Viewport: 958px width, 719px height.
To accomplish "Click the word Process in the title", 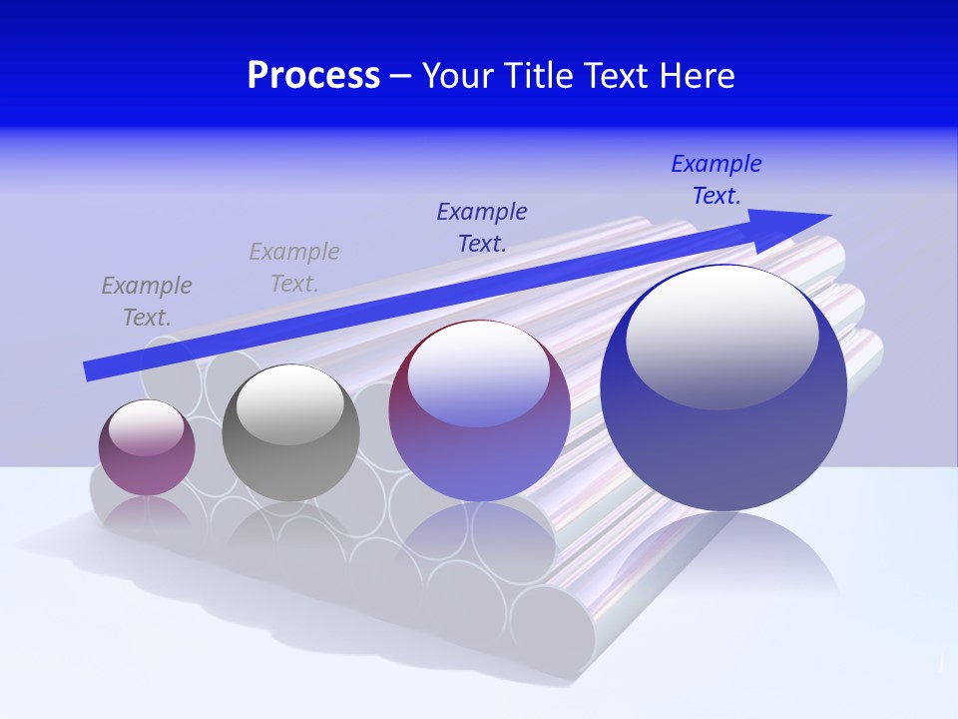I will (313, 76).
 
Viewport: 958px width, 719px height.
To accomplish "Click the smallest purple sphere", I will (147, 447).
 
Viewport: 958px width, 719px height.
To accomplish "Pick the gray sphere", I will (290, 432).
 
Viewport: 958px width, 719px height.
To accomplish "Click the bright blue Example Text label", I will (716, 180).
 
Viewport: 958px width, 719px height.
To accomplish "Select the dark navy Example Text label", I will (482, 227).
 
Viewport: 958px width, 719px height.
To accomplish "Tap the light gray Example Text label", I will (294, 268).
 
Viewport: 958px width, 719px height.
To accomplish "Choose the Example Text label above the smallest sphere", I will (147, 301).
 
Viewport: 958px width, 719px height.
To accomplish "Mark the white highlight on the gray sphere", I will (289, 403).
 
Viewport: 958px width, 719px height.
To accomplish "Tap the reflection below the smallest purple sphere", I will (147, 514).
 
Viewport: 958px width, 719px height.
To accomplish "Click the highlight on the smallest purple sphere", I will (147, 426).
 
